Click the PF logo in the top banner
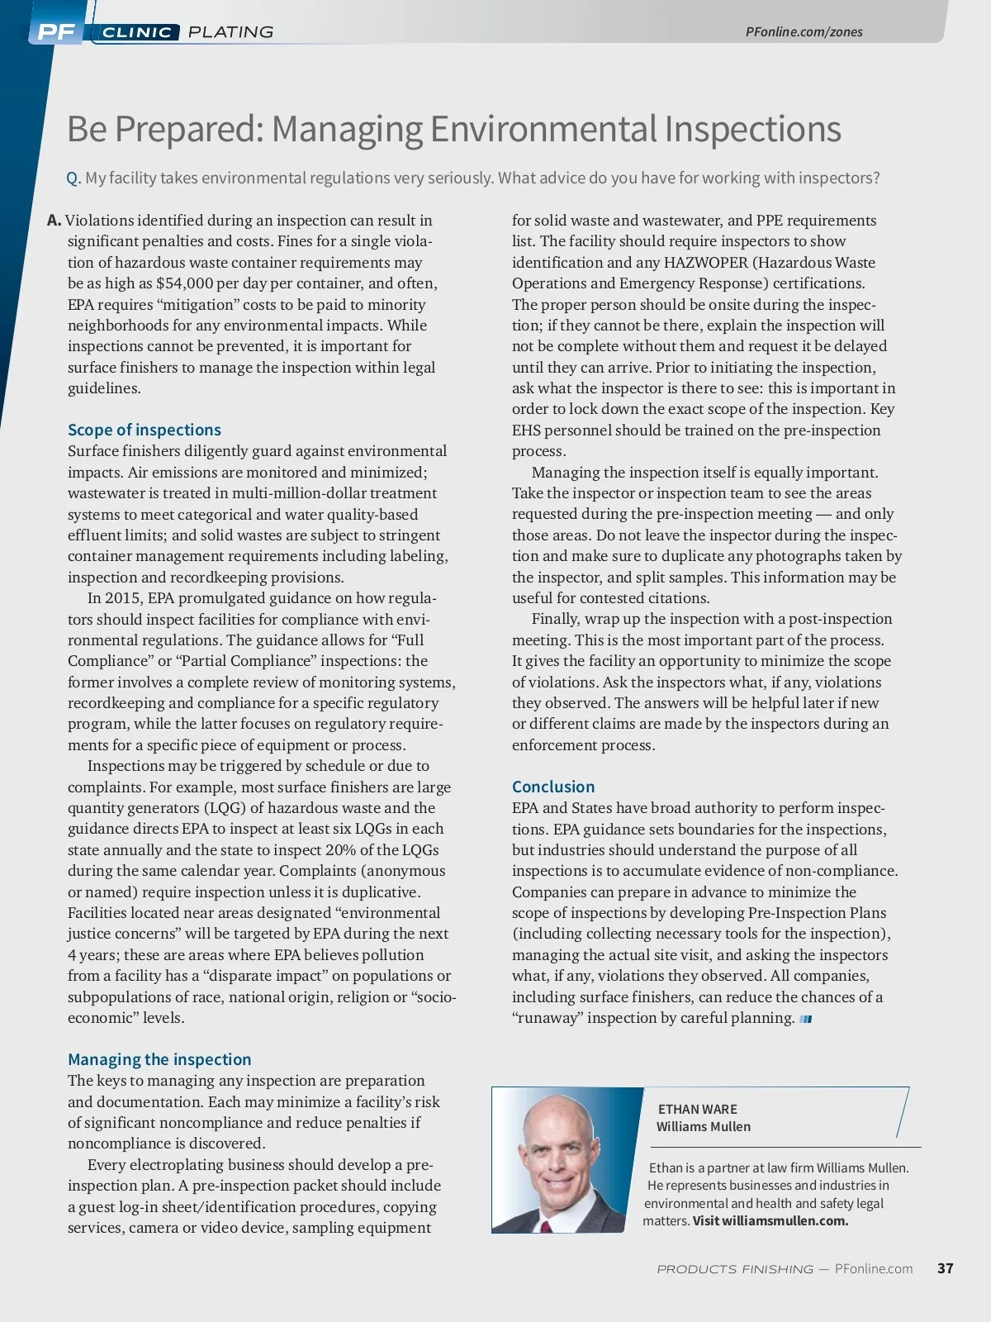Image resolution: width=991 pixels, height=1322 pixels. [x=56, y=32]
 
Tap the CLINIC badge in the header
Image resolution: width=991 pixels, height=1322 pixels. [x=137, y=32]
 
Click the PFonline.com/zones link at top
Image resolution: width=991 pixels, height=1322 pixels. [x=804, y=32]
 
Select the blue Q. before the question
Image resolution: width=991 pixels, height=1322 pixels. [x=73, y=178]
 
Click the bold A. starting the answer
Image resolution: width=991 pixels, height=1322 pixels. [x=55, y=221]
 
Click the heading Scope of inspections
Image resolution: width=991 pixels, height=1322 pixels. [x=145, y=430]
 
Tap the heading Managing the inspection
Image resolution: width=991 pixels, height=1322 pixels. [x=159, y=1059]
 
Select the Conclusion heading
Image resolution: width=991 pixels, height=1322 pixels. [x=553, y=787]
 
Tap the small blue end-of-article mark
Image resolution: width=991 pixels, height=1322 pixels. [x=806, y=1019]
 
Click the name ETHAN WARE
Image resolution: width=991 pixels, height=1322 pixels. [x=697, y=1109]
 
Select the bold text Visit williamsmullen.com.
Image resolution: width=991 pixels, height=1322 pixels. [x=771, y=1221]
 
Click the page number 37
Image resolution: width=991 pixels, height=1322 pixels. [x=945, y=1268]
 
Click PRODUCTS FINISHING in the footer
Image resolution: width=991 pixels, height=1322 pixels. [x=734, y=1269]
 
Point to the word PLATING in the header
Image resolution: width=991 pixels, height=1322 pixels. [x=230, y=32]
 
